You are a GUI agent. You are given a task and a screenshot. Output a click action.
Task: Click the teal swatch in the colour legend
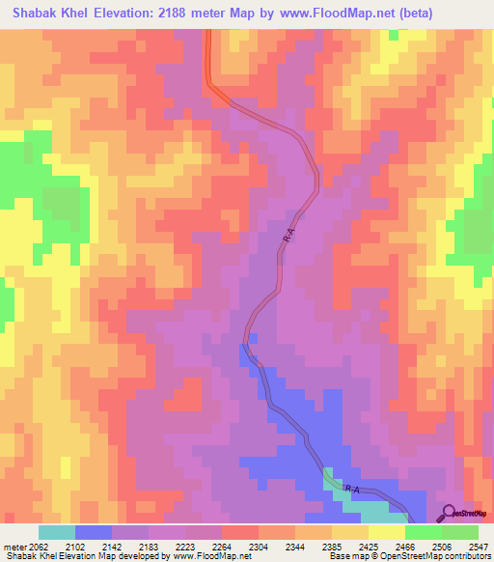(x=56, y=532)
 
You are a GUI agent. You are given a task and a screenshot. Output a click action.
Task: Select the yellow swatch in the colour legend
(x=386, y=532)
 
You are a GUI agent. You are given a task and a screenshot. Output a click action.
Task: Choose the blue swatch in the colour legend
(x=94, y=532)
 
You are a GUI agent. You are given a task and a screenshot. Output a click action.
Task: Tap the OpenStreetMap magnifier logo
(x=449, y=512)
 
